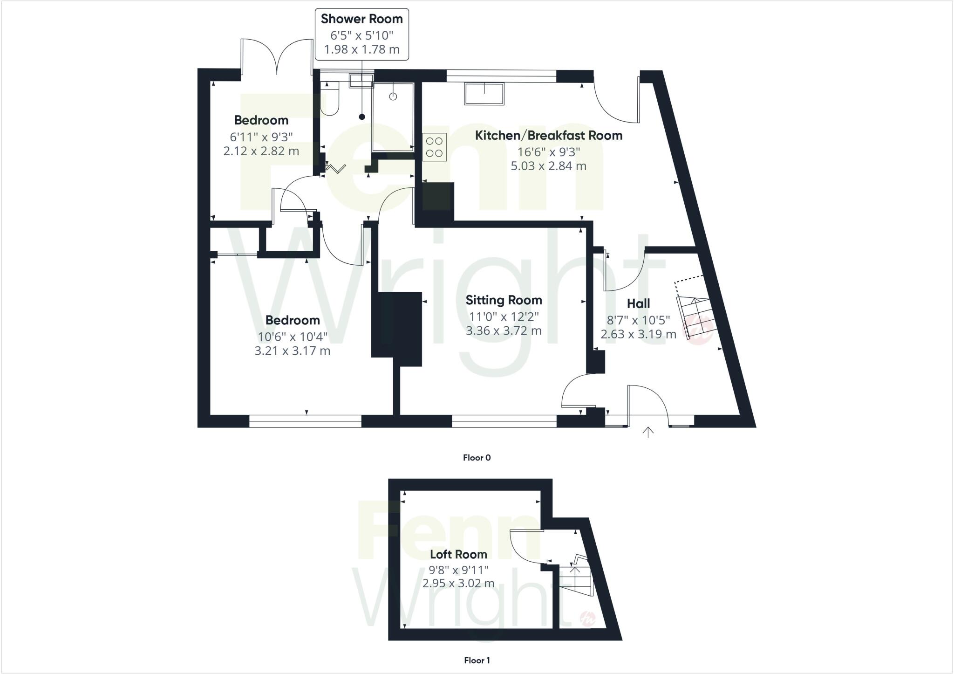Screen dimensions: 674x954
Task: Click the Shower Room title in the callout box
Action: pyautogui.click(x=361, y=19)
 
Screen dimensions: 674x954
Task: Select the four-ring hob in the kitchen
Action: pyautogui.click(x=435, y=147)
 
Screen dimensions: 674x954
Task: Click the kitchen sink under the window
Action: pyautogui.click(x=484, y=94)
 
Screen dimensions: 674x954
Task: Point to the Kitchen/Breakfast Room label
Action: pyautogui.click(x=548, y=136)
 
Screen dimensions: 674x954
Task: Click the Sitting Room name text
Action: pyautogui.click(x=504, y=300)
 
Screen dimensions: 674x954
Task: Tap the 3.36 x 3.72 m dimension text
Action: pyautogui.click(x=504, y=331)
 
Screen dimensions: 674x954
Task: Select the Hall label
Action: pyautogui.click(x=638, y=304)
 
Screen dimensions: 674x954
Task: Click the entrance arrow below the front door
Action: pyautogui.click(x=647, y=432)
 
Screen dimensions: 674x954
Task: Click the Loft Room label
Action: pyautogui.click(x=458, y=555)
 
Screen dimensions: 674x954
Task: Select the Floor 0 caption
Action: pyautogui.click(x=477, y=458)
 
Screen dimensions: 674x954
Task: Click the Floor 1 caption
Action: pyautogui.click(x=477, y=660)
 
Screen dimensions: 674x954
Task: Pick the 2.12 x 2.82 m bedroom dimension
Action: pyautogui.click(x=261, y=151)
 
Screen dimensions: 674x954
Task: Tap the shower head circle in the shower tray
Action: pyautogui.click(x=393, y=96)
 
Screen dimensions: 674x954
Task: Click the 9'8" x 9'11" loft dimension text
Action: pyautogui.click(x=458, y=570)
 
